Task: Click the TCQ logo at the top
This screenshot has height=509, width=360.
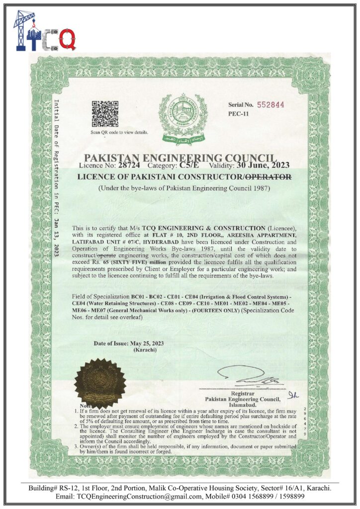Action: [45, 31]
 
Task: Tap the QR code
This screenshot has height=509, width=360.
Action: [104, 114]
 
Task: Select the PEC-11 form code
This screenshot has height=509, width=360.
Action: [237, 114]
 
